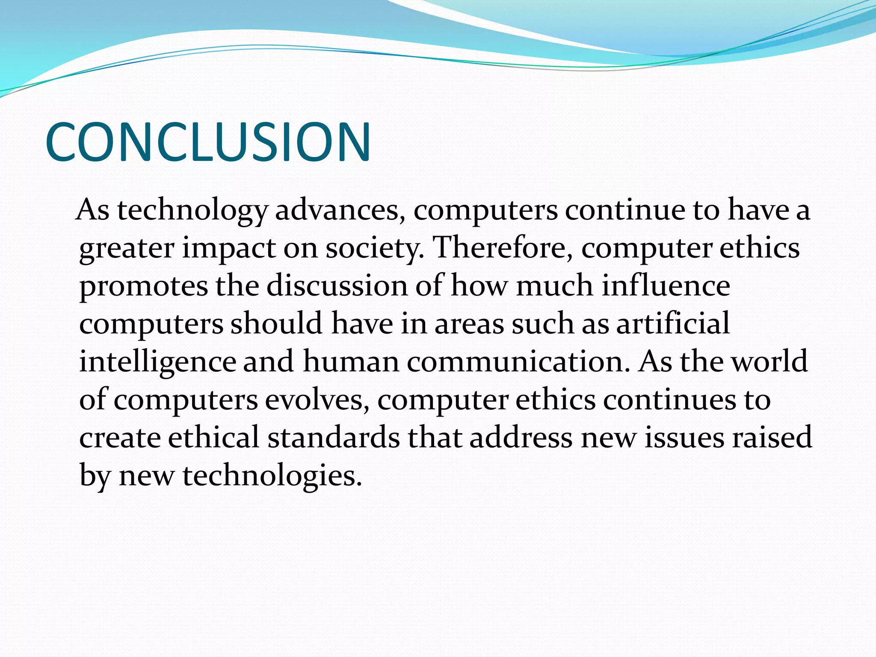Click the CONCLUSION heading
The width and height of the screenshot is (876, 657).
[208, 142]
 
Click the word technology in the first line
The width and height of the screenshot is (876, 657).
[192, 211]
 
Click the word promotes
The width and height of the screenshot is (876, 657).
[143, 286]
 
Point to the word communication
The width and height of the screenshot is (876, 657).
[518, 361]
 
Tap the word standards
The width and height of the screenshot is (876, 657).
[334, 437]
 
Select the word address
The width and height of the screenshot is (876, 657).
[521, 437]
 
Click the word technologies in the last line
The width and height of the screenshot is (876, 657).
[272, 476]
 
